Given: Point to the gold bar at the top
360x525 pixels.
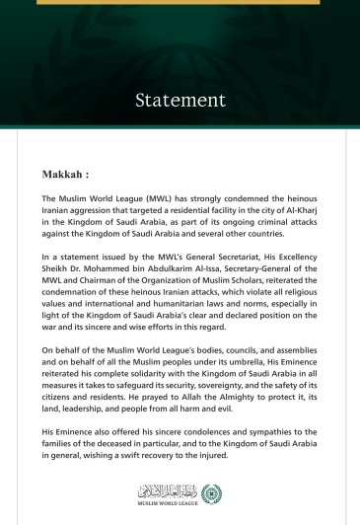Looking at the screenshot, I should coord(180,2).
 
